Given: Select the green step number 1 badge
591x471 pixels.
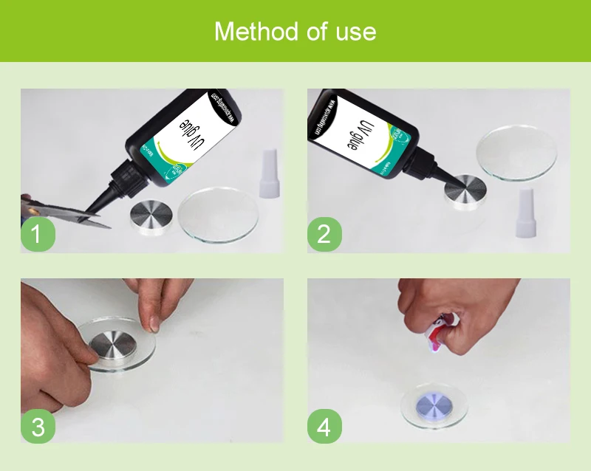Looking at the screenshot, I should coord(38,234).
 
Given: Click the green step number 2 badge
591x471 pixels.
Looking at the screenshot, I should coord(324,234).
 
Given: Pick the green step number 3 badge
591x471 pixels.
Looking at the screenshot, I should coord(38,426).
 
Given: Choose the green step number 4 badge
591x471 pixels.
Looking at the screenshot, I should coord(324,426).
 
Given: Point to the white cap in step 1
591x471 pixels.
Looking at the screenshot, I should coord(270,175).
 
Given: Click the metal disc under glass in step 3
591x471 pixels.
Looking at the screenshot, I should coord(115,347).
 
